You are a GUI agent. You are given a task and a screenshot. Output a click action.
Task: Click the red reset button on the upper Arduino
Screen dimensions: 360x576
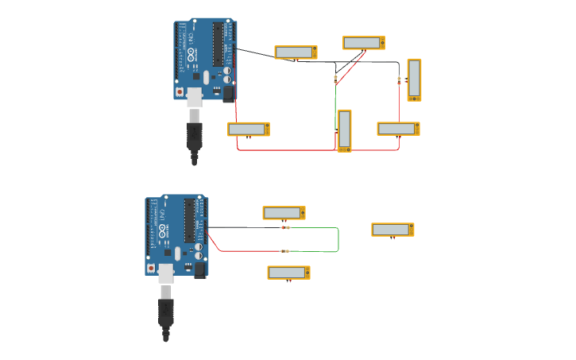(180, 91)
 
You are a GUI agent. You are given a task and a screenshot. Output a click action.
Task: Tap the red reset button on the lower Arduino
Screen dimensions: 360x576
(151, 268)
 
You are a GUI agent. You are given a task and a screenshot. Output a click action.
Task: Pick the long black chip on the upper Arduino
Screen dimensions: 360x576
(218, 45)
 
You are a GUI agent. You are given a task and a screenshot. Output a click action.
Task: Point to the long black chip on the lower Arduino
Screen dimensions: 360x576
(189, 221)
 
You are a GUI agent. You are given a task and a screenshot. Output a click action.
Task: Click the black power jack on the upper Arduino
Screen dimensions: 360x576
(229, 94)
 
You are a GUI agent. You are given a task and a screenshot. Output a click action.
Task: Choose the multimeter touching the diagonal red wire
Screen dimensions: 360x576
(363, 43)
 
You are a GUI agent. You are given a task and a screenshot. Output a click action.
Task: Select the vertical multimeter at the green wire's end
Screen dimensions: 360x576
(344, 130)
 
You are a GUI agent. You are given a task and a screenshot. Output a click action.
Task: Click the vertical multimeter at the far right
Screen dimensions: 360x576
(414, 79)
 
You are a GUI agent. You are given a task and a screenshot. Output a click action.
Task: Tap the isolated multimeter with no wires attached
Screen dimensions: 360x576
(392, 230)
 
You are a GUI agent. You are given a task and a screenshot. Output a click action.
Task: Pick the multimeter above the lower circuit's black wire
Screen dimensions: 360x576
(284, 213)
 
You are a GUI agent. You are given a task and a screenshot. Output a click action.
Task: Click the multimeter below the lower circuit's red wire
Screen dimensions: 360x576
(288, 273)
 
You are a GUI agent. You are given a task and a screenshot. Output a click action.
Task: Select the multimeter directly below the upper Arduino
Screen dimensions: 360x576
(248, 129)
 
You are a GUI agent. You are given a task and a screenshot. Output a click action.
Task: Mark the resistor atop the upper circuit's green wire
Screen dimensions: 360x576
(335, 78)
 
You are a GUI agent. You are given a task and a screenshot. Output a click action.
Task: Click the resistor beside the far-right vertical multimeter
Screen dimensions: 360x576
(399, 79)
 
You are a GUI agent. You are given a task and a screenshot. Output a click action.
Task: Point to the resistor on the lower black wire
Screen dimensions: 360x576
(285, 227)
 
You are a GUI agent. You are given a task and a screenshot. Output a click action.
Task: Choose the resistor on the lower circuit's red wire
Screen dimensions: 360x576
(285, 251)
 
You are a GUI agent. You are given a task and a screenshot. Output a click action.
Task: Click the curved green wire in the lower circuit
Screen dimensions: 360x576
(338, 239)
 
